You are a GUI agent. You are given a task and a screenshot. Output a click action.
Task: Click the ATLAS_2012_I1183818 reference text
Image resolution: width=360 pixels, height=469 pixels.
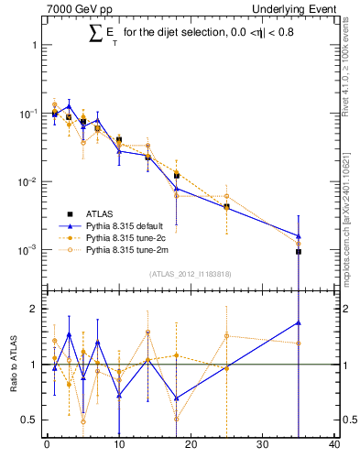click(190, 273)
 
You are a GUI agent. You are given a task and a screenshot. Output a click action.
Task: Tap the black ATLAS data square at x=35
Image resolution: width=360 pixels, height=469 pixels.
click(299, 251)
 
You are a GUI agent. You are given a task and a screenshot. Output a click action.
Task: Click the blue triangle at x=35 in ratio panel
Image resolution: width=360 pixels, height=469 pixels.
click(299, 322)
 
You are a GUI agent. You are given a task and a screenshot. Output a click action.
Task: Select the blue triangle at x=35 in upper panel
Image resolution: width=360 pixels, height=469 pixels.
click(299, 235)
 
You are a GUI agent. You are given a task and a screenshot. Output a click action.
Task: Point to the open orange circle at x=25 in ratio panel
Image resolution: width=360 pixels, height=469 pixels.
click(226, 335)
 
